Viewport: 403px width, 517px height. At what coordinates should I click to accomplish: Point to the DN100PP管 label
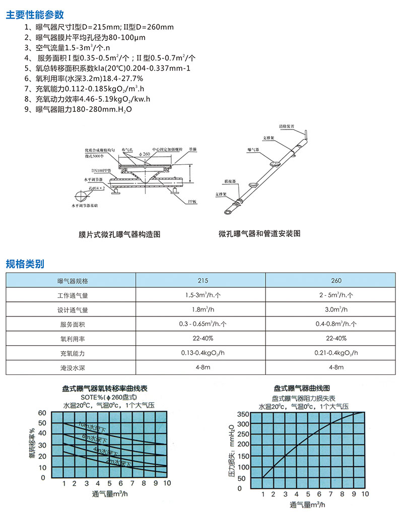click(x=101, y=171)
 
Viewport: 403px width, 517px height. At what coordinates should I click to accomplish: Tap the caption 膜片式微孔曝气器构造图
click(x=119, y=234)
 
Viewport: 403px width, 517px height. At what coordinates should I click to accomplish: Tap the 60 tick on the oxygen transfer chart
click(x=42, y=413)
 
